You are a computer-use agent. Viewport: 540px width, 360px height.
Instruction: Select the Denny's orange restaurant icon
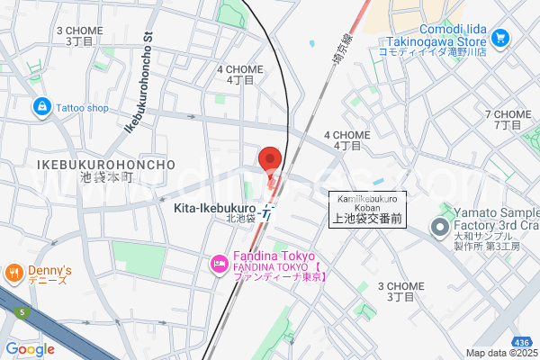click(x=13, y=271)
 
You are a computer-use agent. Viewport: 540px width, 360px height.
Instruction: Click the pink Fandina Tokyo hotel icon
click(x=218, y=263)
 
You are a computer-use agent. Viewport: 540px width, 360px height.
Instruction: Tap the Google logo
click(x=30, y=348)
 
